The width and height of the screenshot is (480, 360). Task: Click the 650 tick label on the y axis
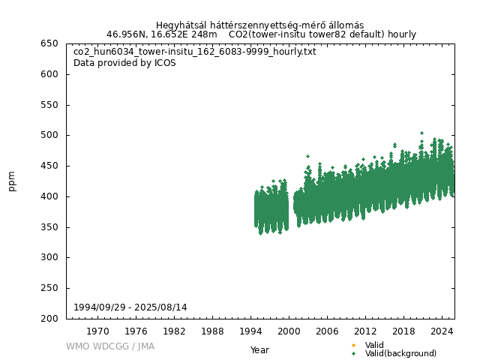[x=49, y=43]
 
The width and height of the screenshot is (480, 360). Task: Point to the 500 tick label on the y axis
[x=49, y=135]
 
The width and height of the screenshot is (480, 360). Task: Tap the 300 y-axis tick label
[x=49, y=257]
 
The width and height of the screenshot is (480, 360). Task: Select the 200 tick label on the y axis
[x=49, y=319]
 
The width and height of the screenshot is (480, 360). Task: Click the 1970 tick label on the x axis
[x=97, y=331]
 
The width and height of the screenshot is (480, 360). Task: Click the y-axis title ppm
[x=12, y=181]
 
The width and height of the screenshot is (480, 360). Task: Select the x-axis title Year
[x=259, y=350]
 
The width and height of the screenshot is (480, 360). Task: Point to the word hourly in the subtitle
[x=401, y=34]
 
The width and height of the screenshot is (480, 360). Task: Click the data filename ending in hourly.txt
[x=194, y=52]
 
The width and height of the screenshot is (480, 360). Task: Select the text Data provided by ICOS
[x=124, y=63]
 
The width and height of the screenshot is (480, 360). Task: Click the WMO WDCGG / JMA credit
[x=110, y=346]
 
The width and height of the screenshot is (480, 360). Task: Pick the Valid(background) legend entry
[x=400, y=353]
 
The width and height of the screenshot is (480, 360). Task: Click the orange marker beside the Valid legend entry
[x=353, y=345]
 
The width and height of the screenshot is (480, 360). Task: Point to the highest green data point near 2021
[x=421, y=133]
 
